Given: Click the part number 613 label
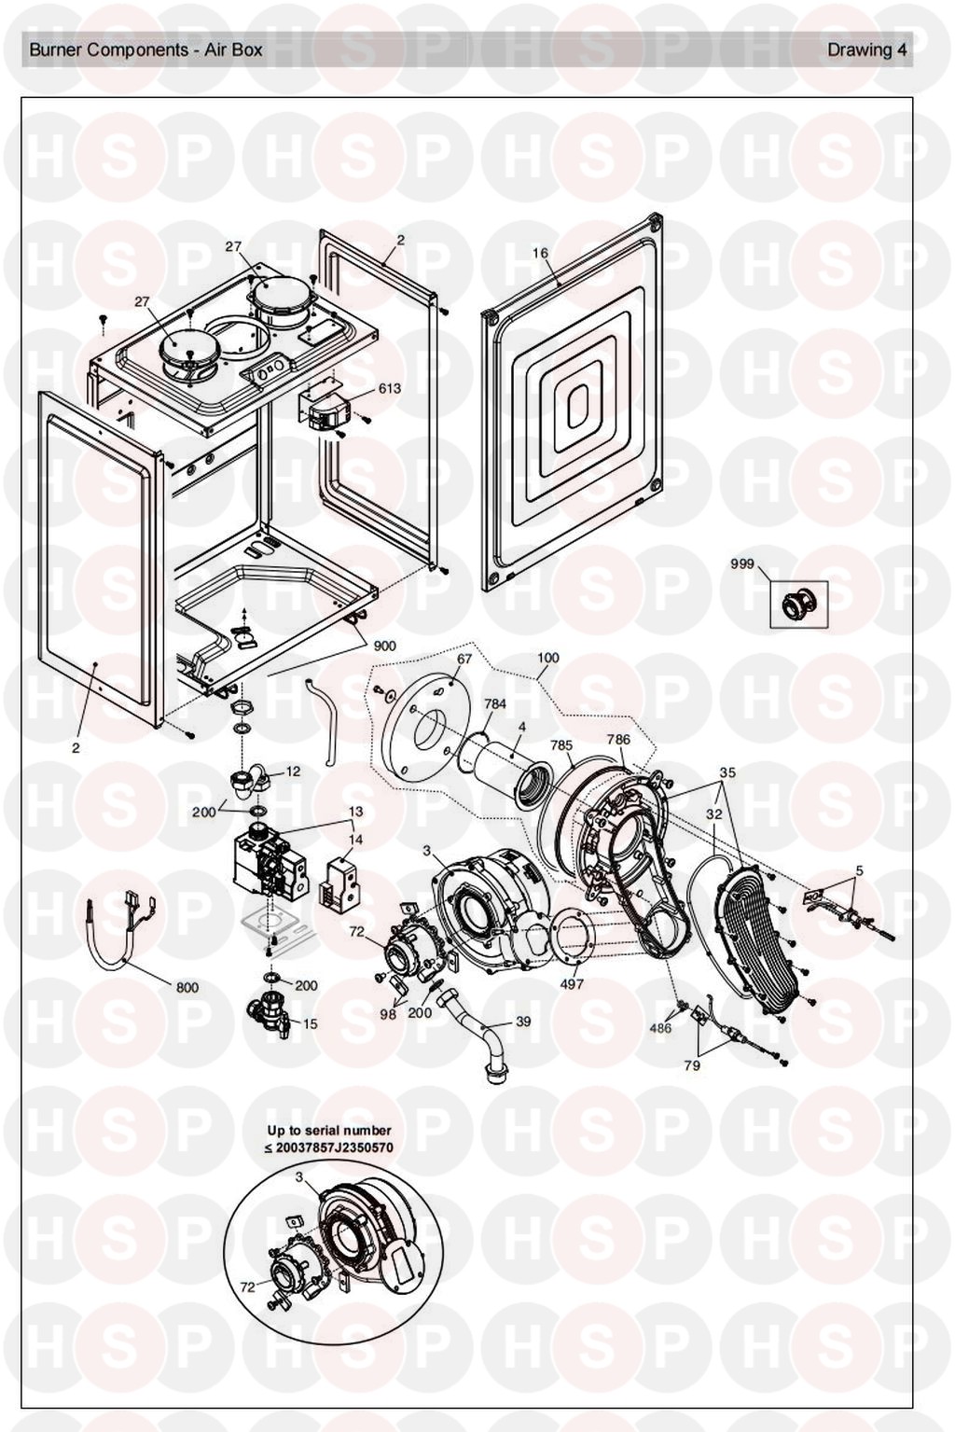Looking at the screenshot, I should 389,388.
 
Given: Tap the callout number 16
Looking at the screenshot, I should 541,253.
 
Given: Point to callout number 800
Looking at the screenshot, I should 187,987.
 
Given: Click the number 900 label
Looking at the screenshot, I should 384,646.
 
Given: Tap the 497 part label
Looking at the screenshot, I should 572,983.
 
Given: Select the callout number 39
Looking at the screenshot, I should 523,1022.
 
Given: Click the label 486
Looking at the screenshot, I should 660,1028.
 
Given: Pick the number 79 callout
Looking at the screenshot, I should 692,1065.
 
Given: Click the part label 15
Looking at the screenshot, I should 311,1023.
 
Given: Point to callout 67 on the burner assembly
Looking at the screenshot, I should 464,659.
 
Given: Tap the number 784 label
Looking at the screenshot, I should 495,703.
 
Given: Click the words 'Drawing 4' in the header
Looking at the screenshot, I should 866,50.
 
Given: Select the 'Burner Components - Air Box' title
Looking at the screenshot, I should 145,50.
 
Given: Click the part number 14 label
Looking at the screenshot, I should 356,839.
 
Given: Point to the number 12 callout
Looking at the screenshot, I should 293,772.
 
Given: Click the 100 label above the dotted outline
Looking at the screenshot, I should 548,658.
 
